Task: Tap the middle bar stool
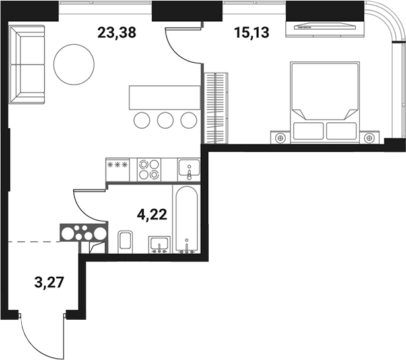click(x=165, y=120)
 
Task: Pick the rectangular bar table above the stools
click(x=164, y=97)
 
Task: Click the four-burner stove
click(x=149, y=169)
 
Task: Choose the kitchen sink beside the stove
click(x=187, y=169)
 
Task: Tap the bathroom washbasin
click(x=159, y=244)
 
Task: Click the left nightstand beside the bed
click(x=281, y=137)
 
